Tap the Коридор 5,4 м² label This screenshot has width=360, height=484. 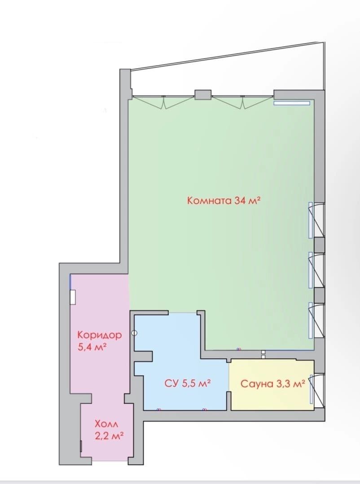(x=99, y=341)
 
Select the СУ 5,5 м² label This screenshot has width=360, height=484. (x=188, y=383)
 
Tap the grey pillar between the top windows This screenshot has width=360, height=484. (x=203, y=94)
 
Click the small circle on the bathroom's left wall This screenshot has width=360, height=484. (x=134, y=333)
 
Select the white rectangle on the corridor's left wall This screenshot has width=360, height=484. (x=73, y=297)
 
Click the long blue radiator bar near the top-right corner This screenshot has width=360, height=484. (x=291, y=103)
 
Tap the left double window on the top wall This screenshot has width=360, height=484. (x=163, y=102)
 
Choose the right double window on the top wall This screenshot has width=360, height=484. (x=243, y=102)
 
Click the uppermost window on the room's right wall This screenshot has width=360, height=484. (x=316, y=220)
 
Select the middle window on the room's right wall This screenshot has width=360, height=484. (x=316, y=270)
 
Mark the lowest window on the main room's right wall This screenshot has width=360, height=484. (x=316, y=320)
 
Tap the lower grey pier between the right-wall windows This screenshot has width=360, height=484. (x=319, y=295)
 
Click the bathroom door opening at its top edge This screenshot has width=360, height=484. (x=183, y=312)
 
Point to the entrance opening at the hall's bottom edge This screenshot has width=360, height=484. (x=110, y=461)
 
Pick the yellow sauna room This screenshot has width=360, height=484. (x=272, y=385)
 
